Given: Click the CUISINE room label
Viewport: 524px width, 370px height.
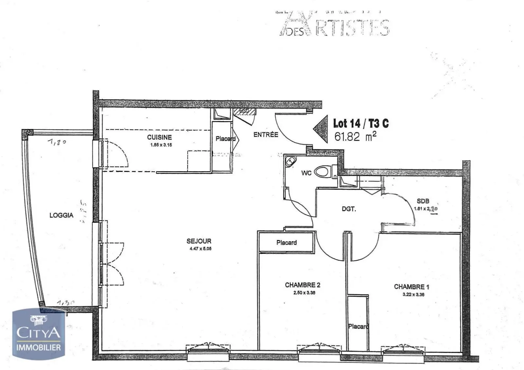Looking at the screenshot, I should [159, 137].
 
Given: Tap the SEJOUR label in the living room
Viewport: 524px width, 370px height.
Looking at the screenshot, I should [199, 241].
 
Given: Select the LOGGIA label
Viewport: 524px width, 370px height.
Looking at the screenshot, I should [61, 215].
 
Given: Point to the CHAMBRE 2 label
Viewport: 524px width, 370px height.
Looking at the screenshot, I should [303, 285].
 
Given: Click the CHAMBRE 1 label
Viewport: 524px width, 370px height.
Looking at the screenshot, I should [411, 287].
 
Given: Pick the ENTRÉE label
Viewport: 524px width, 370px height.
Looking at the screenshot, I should [266, 135].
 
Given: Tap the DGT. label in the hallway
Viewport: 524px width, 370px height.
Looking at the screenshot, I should [349, 209].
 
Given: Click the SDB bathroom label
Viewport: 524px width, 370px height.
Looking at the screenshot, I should [423, 201].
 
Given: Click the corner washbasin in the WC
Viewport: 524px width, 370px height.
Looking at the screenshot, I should [290, 161].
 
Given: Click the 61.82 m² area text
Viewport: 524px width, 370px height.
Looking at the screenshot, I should [355, 137].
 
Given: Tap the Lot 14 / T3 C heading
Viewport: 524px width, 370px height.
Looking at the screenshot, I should [361, 123].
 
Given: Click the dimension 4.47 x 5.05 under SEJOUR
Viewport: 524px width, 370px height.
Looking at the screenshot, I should [200, 249].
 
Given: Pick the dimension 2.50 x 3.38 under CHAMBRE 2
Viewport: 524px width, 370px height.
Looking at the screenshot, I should [304, 293].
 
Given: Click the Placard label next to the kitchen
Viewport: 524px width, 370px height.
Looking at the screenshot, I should [225, 139].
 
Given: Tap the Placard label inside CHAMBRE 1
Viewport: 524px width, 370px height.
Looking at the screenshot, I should [358, 326].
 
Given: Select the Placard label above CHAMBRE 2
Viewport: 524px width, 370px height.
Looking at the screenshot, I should [287, 243].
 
